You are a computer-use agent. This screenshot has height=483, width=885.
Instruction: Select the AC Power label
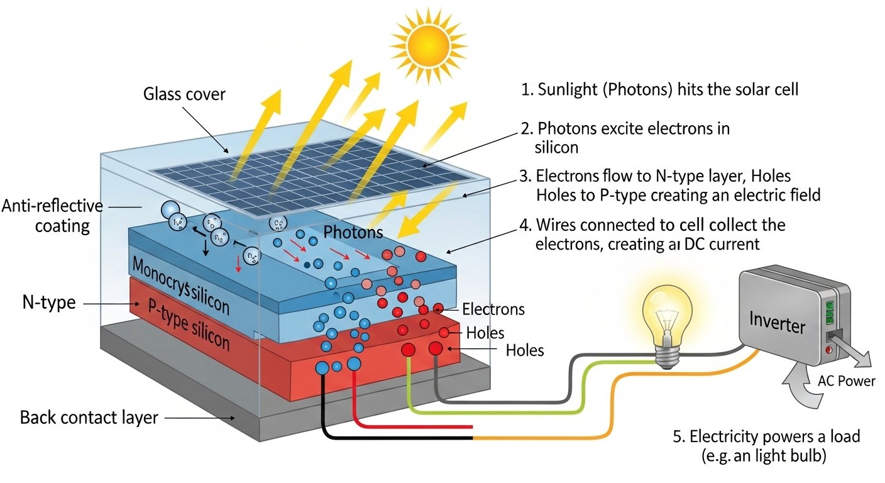846,381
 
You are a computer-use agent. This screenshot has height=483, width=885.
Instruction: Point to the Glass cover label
184,95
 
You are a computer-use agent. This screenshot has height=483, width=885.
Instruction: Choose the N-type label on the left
48,303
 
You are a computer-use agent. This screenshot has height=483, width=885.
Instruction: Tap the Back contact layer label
89,417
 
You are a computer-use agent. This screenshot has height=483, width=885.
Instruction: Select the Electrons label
493,309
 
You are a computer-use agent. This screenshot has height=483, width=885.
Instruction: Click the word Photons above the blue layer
353,232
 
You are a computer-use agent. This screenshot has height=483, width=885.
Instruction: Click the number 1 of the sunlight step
526,90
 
